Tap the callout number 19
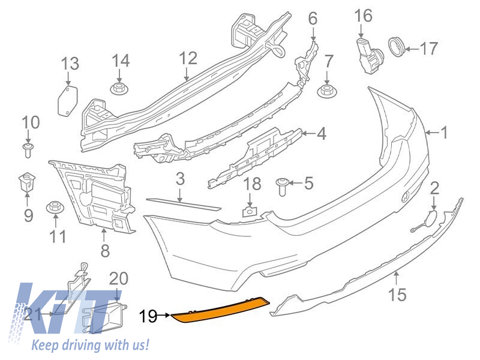pos(148,314)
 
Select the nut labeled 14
pos(119,89)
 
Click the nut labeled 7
pos(326,91)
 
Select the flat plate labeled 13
pos(67,100)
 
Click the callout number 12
pos(187,58)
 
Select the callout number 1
pos(444,132)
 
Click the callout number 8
pos(106,251)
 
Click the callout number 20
pos(119,278)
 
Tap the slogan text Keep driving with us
pos(90,346)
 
